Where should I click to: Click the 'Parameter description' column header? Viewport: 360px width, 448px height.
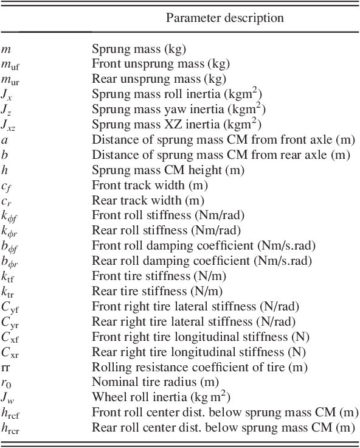click(224, 18)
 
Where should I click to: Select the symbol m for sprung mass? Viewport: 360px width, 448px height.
click(5, 48)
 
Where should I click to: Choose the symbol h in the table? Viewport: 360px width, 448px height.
click(4, 169)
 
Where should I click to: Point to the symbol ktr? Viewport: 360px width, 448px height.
click(8, 291)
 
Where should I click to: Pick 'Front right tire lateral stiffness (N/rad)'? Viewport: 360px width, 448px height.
click(195, 306)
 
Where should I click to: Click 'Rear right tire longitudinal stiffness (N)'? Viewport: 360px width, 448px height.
click(198, 352)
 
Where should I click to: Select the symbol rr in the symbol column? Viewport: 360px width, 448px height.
click(5, 367)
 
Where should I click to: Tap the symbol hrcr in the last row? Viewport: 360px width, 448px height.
click(10, 428)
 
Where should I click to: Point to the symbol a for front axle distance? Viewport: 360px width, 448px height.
click(4, 139)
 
